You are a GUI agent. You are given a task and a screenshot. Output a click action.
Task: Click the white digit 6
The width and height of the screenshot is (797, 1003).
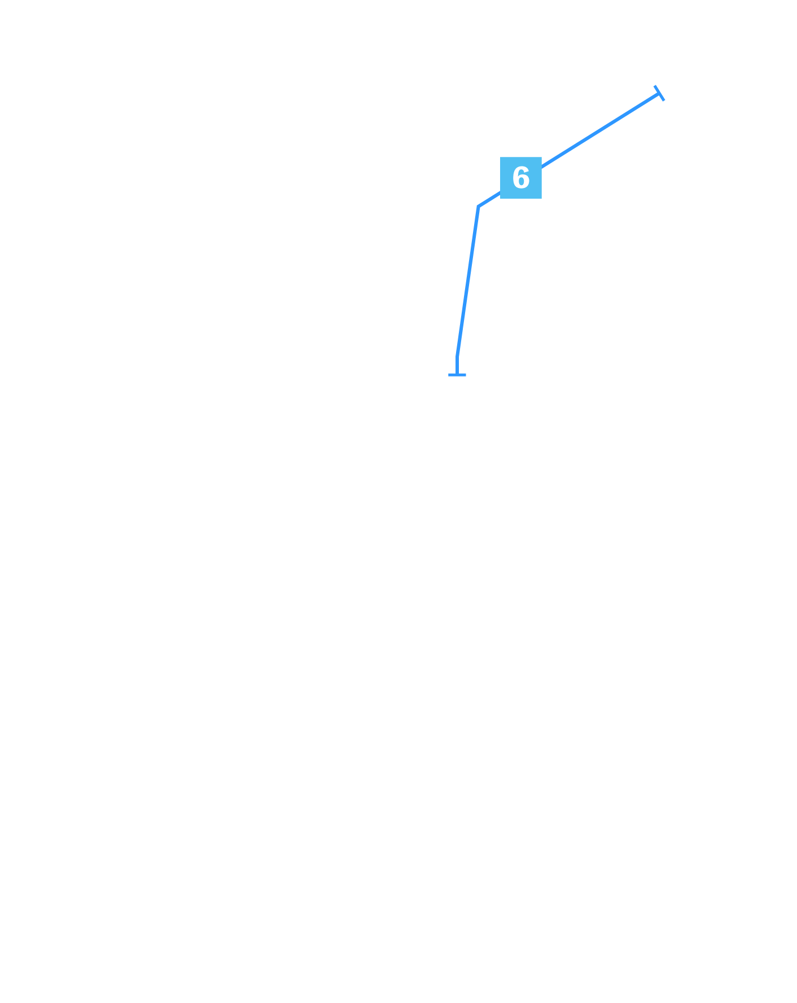click(521, 178)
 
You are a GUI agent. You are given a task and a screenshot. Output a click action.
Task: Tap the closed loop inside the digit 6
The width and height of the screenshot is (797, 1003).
click(522, 182)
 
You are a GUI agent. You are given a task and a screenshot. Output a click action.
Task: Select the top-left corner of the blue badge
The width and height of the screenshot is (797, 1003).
click(500, 157)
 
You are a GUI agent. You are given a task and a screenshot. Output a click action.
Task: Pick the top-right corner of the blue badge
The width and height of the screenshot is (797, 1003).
click(542, 157)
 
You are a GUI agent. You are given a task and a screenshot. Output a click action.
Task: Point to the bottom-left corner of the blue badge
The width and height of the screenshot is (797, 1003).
click(500, 199)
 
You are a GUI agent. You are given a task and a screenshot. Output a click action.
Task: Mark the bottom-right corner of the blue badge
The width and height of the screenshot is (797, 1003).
click(542, 199)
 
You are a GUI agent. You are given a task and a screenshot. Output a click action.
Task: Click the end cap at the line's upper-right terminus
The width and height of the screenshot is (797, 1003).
click(659, 93)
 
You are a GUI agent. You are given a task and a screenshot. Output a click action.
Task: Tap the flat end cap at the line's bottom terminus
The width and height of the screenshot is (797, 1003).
click(457, 375)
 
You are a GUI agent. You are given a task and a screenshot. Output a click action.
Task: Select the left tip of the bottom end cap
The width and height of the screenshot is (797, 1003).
click(448, 375)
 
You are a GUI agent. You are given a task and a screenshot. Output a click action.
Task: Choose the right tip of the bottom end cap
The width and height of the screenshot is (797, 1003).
click(466, 375)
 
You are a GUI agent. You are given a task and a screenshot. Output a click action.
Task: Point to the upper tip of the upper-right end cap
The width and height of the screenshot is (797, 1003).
click(655, 86)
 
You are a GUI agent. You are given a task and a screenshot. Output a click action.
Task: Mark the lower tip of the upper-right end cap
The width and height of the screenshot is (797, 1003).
click(664, 100)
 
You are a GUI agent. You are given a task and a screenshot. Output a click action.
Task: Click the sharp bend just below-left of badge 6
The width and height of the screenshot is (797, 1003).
click(479, 207)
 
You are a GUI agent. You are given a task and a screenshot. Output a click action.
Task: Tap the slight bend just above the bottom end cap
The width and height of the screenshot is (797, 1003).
click(457, 357)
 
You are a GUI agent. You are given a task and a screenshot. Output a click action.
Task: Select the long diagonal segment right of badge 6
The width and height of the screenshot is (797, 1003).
click(601, 130)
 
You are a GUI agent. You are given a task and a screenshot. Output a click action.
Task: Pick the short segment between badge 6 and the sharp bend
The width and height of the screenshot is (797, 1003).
click(489, 200)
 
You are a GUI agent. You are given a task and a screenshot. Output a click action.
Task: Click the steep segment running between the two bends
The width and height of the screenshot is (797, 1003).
click(468, 282)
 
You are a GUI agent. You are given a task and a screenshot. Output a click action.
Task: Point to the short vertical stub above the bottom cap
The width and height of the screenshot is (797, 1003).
click(457, 366)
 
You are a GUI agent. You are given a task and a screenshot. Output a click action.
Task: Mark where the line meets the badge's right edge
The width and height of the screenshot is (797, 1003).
click(542, 168)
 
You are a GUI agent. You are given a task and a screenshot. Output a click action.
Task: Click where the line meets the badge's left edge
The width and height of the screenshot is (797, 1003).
click(500, 193)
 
